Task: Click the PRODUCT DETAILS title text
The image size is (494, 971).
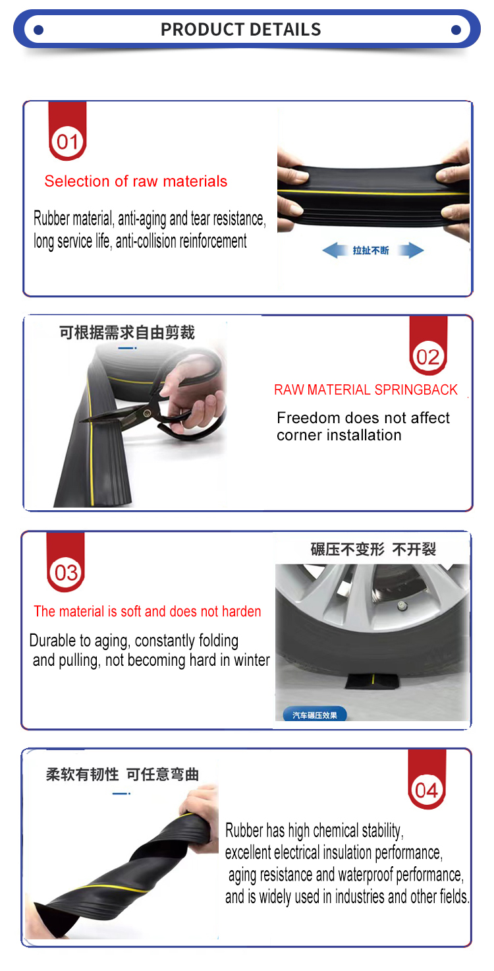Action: (x=240, y=30)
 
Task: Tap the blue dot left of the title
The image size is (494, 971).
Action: (x=39, y=30)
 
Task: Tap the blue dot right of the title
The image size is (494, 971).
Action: (x=455, y=30)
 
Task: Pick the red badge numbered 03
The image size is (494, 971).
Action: (x=65, y=562)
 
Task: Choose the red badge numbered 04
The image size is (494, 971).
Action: (x=427, y=779)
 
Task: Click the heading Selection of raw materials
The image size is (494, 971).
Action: (x=136, y=181)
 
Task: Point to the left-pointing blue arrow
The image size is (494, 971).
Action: (x=335, y=250)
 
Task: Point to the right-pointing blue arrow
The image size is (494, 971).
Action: (x=411, y=250)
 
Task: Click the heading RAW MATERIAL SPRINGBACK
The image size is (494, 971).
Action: (x=366, y=390)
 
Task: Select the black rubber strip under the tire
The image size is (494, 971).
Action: (x=373, y=682)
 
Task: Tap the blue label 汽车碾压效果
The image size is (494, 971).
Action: (x=315, y=715)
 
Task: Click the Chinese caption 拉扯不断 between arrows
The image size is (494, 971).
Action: (x=371, y=250)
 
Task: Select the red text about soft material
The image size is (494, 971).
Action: (x=148, y=611)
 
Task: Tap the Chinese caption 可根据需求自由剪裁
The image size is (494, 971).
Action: (x=127, y=332)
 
